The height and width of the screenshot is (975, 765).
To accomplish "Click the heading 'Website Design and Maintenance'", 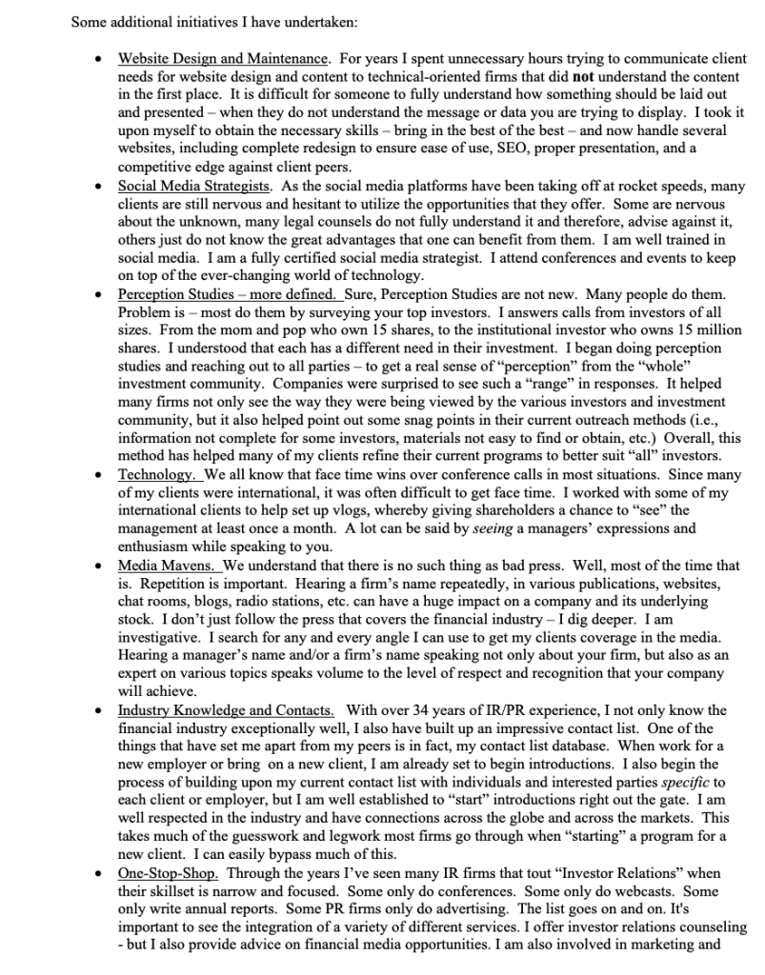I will coord(223,59).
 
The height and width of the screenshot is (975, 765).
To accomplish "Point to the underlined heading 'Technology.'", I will coord(157,474).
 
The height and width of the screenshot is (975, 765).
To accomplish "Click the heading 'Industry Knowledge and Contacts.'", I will coord(226,710).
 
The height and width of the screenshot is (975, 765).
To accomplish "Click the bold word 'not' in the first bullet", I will coord(583,77).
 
